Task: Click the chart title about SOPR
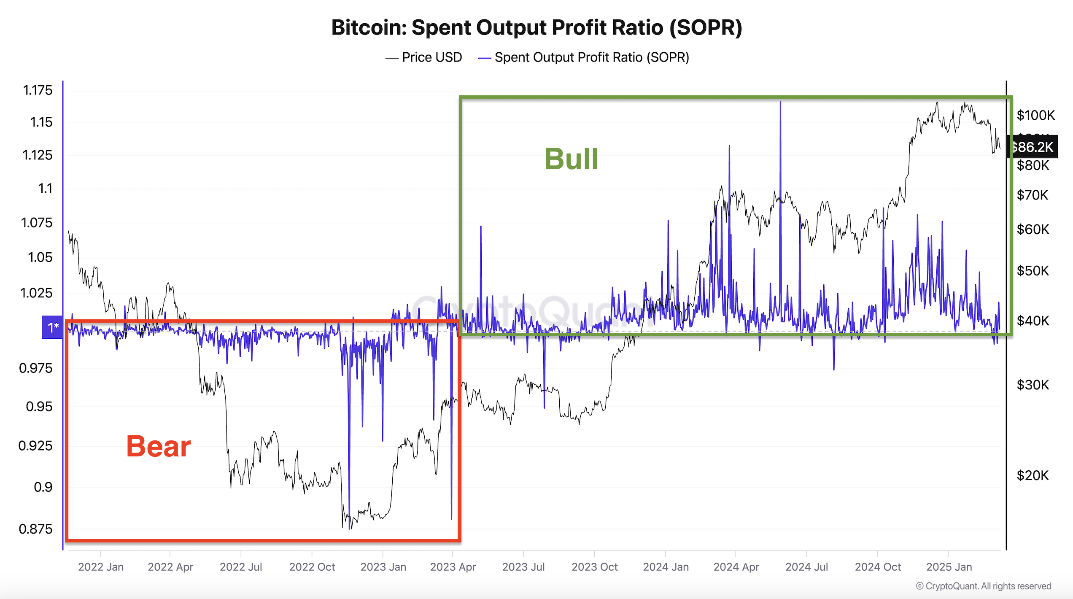(536, 27)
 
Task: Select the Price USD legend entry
(423, 57)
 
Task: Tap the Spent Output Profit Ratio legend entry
(583, 57)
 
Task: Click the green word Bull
(571, 159)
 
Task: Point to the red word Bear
(158, 446)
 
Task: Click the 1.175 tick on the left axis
(38, 90)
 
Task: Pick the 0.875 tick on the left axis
(35, 529)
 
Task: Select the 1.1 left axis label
(45, 188)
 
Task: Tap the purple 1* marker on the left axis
(52, 327)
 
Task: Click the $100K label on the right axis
(1035, 115)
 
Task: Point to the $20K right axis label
(1033, 475)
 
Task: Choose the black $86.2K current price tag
(1032, 147)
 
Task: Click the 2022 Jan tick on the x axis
(101, 567)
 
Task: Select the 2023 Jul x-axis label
(523, 567)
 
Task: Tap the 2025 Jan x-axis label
(949, 567)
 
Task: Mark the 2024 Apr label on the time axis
(736, 567)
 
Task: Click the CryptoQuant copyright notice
(984, 586)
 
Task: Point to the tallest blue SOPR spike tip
(780, 102)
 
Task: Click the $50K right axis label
(1033, 270)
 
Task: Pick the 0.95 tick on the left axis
(39, 407)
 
